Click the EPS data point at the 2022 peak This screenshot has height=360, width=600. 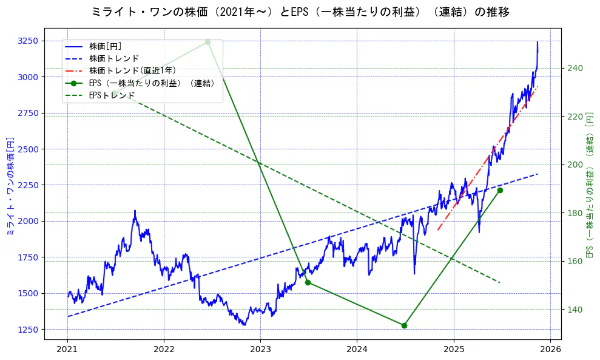click(x=207, y=42)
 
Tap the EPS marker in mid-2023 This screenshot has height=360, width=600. click(x=308, y=282)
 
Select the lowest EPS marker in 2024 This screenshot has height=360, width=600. click(x=404, y=325)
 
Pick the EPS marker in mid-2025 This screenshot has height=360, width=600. click(x=500, y=191)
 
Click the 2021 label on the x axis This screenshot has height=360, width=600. click(x=67, y=349)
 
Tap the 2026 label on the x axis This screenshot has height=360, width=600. click(x=550, y=349)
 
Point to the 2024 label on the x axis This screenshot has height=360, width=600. click(x=357, y=349)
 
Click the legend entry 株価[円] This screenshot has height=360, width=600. click(x=105, y=46)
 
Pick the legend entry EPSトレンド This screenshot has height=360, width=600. click(x=113, y=95)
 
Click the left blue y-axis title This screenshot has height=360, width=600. click(x=9, y=186)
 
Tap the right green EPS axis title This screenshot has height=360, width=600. click(x=589, y=186)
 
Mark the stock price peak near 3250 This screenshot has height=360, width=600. click(x=538, y=42)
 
